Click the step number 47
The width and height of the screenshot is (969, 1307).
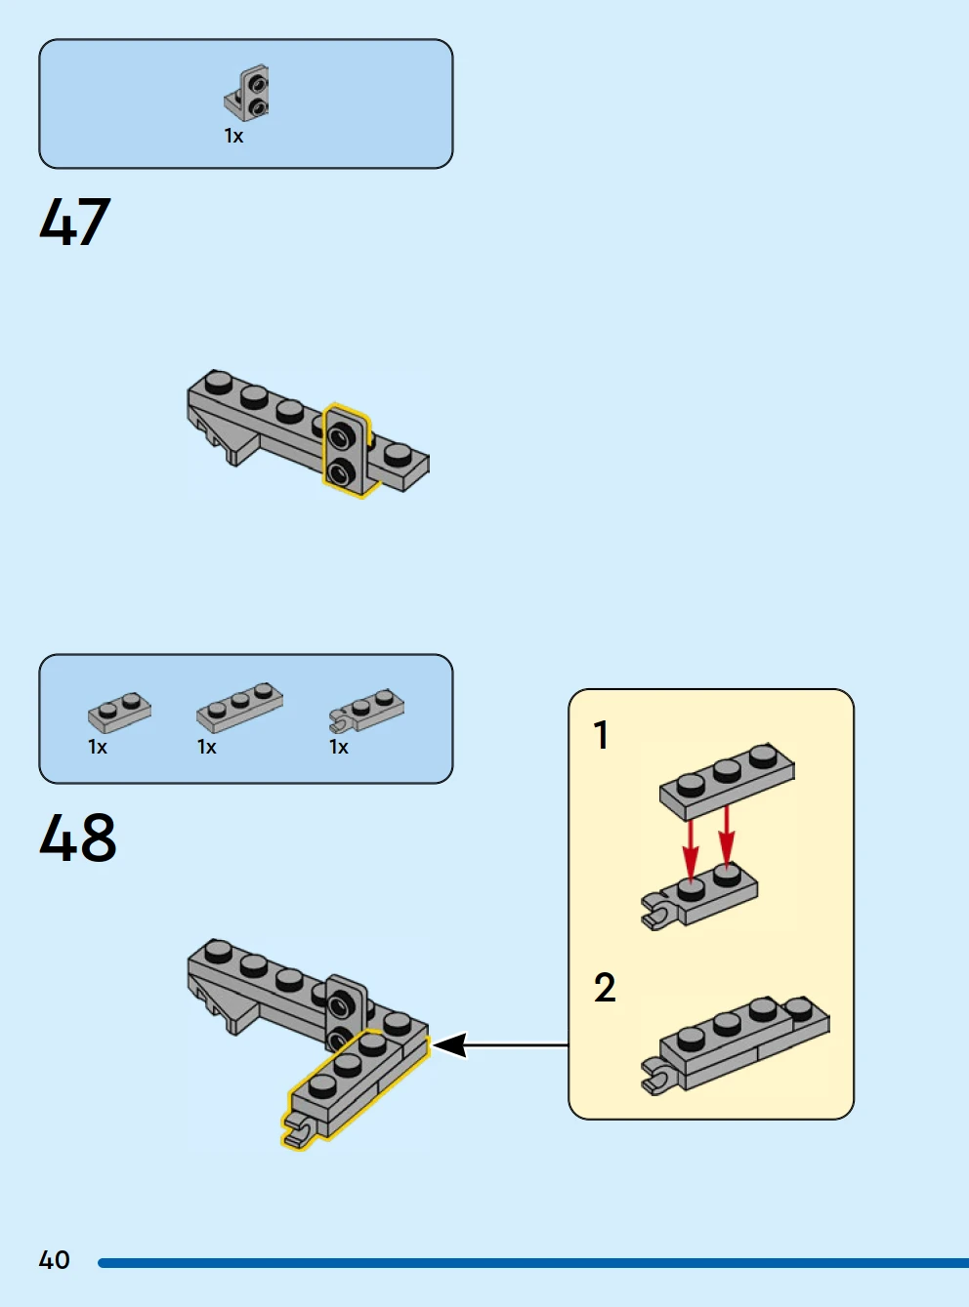tap(75, 222)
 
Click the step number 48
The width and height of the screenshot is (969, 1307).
tap(78, 837)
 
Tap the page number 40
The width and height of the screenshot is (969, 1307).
tap(55, 1260)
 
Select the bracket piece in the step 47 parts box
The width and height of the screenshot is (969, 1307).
tap(248, 94)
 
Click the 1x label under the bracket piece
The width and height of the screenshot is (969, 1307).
tap(233, 137)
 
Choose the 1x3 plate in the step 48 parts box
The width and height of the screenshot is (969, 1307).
tap(239, 707)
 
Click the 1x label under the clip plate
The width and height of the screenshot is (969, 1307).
tap(339, 748)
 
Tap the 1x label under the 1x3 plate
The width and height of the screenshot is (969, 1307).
tap(207, 748)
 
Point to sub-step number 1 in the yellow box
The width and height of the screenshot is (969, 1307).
tap(602, 735)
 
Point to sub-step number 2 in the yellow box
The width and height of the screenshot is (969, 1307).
tap(605, 988)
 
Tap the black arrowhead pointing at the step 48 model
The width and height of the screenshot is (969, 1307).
tap(447, 1045)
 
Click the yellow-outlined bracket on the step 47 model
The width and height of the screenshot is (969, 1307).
tap(346, 451)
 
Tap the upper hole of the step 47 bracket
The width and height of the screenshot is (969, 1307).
tap(341, 431)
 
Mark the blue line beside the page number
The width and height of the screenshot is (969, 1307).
tap(532, 1263)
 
